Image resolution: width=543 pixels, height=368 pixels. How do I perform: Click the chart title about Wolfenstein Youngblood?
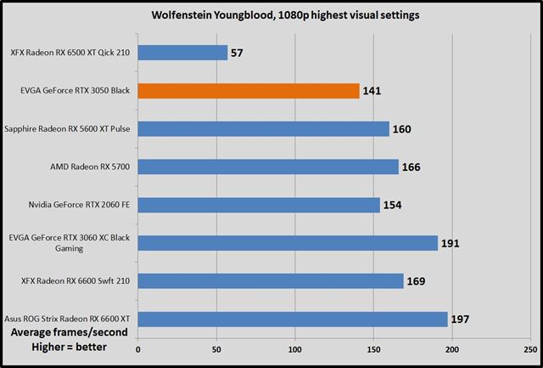tap(271, 14)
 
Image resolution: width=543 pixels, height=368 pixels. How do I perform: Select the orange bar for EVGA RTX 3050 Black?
tap(248, 90)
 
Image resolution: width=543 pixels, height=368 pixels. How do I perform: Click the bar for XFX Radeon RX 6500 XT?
tap(182, 53)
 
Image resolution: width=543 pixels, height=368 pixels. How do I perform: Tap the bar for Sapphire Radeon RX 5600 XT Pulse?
tap(263, 128)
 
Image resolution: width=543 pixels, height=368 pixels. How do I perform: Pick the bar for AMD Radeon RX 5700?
tap(267, 167)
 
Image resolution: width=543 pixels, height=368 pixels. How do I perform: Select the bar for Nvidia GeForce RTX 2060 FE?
tap(258, 205)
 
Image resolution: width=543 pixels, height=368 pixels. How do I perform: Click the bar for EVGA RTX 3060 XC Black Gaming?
tap(287, 243)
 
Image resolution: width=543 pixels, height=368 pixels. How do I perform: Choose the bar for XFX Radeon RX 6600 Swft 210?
tap(270, 280)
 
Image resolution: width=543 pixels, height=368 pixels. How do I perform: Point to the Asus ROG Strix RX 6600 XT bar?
tap(292, 319)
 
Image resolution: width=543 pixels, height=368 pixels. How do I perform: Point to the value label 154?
tap(393, 206)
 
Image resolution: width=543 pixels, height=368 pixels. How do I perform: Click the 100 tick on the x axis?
tap(295, 348)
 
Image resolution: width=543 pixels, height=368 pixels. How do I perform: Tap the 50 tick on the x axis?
tap(216, 348)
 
